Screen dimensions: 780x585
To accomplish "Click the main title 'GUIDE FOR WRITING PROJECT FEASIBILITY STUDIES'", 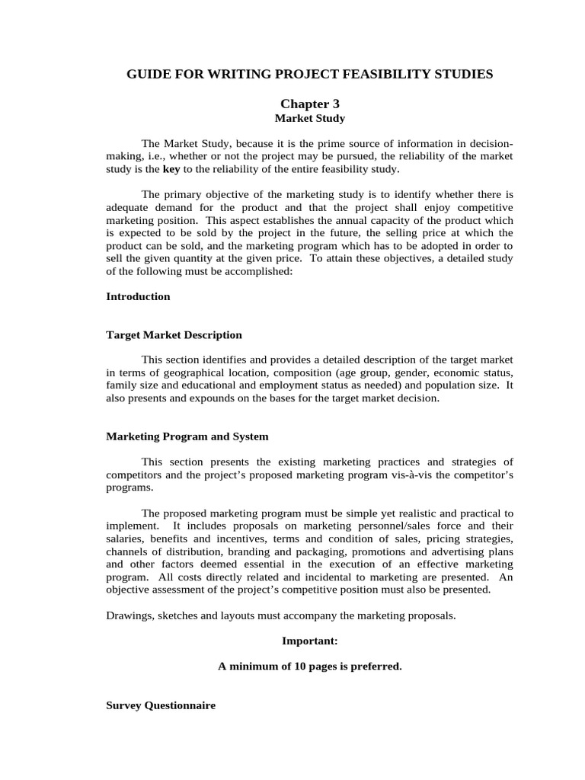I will tap(309, 74).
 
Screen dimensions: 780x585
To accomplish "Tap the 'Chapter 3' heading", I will tap(309, 104).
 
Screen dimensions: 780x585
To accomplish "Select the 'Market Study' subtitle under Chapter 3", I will tap(309, 118).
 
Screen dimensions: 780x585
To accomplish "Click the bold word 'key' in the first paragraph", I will tap(171, 169).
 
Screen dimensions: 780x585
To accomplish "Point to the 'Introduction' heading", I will tap(138, 296).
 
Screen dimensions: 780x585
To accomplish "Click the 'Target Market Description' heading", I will tap(174, 334).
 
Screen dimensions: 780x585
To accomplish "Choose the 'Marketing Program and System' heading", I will tap(187, 436).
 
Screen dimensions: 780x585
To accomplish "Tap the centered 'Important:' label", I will tap(309, 641).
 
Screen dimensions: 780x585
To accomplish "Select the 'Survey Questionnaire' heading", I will tap(161, 705).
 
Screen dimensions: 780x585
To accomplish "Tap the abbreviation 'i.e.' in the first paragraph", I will tap(153, 156).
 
